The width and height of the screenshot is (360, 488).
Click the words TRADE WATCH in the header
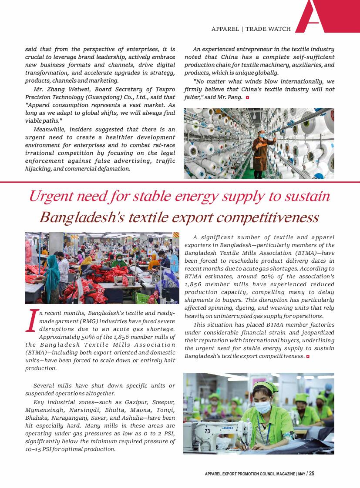[268, 29]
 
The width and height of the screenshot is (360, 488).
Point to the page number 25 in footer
[312, 474]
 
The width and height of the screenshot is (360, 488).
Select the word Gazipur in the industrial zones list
[137, 402]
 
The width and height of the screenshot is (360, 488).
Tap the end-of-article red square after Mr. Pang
[247, 97]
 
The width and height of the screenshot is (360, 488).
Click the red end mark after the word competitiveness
[308, 357]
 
